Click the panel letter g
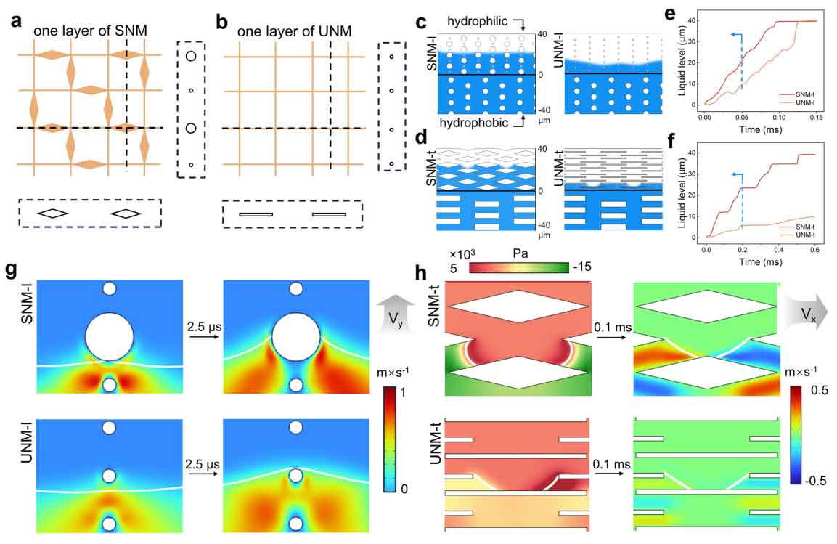point(12,270)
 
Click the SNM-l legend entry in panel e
point(793,93)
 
